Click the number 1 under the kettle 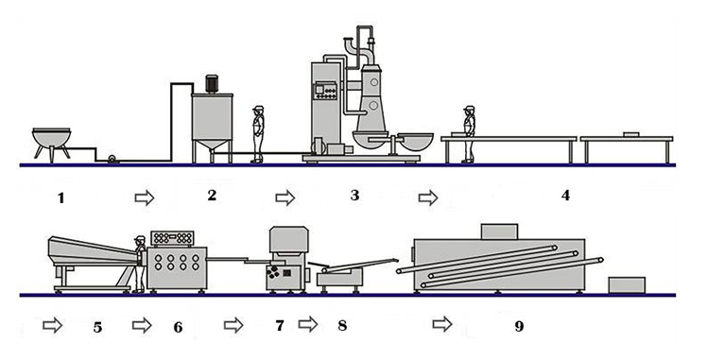61,197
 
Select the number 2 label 212,196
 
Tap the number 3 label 354,196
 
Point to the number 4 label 565,197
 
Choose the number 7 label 279,326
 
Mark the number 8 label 341,326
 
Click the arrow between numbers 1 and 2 145,197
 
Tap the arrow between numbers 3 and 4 428,197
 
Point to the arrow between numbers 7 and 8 308,325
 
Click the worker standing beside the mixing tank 257,135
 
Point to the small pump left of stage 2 113,160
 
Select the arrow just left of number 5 54,325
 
